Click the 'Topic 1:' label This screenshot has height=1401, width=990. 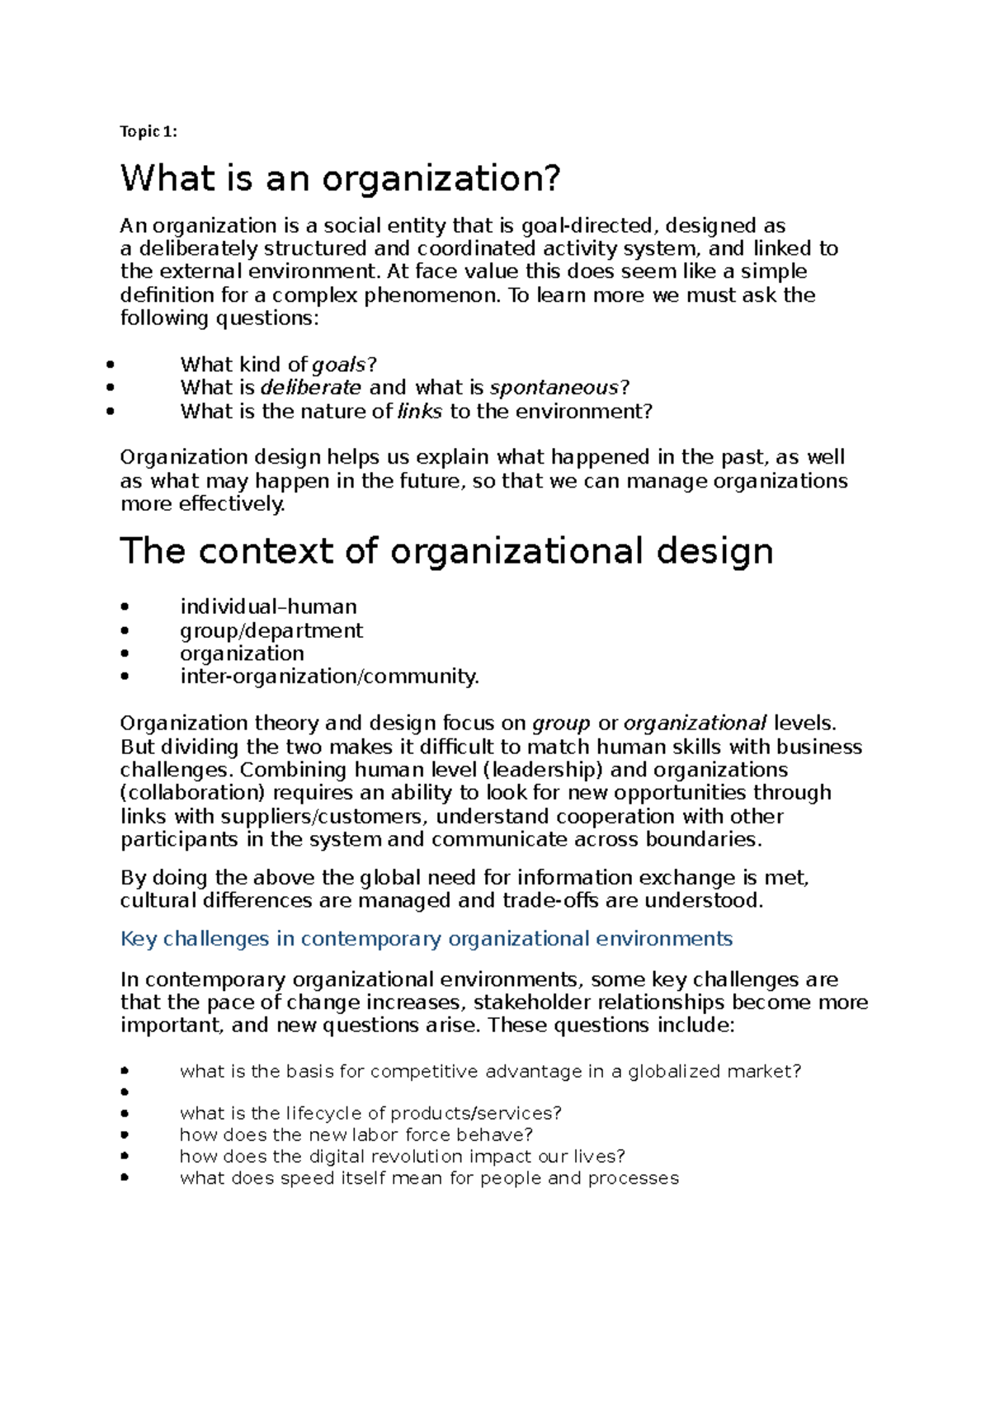click(148, 131)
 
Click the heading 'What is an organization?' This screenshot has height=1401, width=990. click(340, 178)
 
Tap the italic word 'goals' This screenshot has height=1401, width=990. click(339, 365)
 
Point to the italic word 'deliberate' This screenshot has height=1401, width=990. click(311, 388)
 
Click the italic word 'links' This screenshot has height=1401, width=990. click(420, 411)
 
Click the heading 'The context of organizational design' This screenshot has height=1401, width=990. click(446, 551)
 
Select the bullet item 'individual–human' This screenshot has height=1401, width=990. click(268, 607)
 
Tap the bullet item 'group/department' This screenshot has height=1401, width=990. click(271, 630)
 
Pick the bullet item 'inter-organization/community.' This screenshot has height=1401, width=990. click(329, 677)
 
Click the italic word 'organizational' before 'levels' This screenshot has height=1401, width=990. click(695, 724)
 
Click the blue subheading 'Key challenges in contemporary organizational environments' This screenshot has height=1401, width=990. click(426, 939)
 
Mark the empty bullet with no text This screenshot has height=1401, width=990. click(125, 1092)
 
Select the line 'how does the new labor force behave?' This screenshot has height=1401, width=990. click(356, 1135)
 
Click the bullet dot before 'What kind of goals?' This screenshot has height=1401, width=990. click(111, 365)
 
